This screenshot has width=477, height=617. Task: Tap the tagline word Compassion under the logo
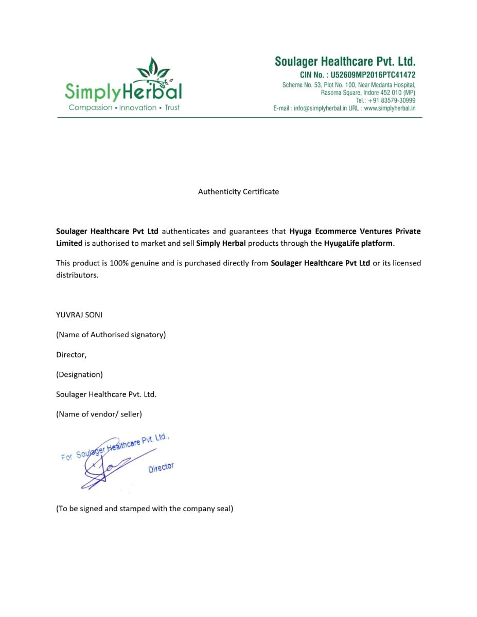pos(90,107)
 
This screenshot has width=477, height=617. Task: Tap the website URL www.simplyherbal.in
pos(390,108)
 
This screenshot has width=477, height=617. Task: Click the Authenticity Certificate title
pos(238,191)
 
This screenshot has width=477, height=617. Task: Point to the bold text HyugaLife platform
pos(359,243)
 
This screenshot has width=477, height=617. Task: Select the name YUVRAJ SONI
pos(79,315)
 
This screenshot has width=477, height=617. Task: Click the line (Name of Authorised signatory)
pos(111,335)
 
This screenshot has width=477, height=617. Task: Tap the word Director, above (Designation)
pos(71,355)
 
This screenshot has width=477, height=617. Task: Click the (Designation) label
pos(79,374)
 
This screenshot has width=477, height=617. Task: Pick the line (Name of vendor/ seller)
pos(99,414)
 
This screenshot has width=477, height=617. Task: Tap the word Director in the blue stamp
pos(161,467)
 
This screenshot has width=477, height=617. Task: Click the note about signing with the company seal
pos(145,509)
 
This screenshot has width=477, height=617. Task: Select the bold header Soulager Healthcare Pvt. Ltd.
pos(345,62)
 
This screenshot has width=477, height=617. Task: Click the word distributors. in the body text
pos(77,275)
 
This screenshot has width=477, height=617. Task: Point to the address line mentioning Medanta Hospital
pos(348,85)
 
